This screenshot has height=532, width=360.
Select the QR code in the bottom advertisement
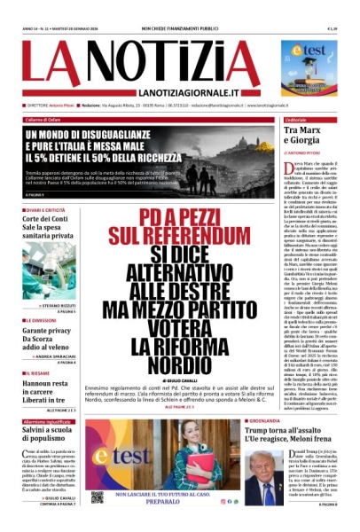(96, 496)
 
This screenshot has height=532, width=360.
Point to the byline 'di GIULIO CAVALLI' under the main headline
(131, 377)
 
